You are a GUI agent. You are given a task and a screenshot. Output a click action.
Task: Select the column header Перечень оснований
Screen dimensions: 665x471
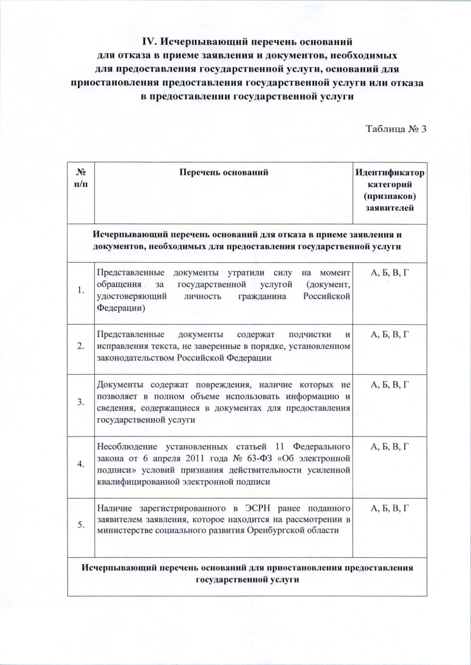click(x=224, y=172)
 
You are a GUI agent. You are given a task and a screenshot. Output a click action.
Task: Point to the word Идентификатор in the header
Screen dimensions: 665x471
click(x=389, y=173)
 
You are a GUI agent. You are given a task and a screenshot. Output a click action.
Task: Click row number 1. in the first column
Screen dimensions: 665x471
click(x=81, y=291)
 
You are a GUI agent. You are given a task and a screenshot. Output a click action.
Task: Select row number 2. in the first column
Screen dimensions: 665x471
click(x=81, y=346)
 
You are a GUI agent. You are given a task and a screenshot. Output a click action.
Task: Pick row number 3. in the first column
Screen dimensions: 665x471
click(x=81, y=402)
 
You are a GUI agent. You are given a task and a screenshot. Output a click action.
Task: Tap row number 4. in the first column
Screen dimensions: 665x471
click(x=81, y=464)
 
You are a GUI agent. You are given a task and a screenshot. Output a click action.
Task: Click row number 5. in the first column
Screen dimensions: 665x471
click(x=81, y=525)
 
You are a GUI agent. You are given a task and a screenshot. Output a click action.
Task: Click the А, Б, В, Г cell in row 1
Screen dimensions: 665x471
click(x=390, y=273)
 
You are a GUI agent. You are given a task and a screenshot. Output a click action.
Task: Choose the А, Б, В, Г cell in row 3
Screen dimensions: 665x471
click(x=390, y=384)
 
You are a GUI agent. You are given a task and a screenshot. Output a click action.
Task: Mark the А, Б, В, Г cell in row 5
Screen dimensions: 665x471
click(x=390, y=508)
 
